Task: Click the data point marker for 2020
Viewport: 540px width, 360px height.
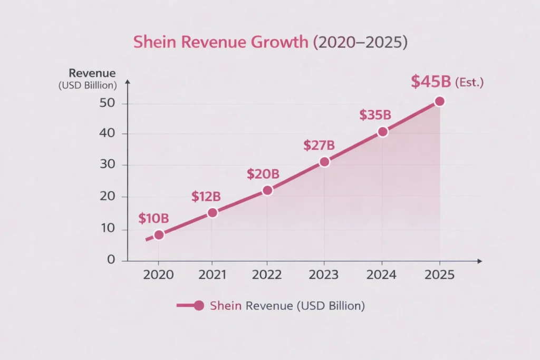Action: (x=159, y=235)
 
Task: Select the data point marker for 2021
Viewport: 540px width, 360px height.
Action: (x=212, y=212)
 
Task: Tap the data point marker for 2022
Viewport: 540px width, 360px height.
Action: (x=267, y=190)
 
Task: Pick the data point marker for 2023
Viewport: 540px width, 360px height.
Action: (x=324, y=162)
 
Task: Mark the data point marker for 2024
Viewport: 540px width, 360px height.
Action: (x=383, y=132)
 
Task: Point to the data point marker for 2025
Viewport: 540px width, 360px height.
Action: (x=439, y=101)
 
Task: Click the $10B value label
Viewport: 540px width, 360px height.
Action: (x=153, y=219)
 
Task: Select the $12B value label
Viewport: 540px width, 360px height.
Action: (x=206, y=197)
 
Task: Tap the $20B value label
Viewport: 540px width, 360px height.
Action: (x=263, y=174)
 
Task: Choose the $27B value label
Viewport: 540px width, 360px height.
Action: (x=319, y=145)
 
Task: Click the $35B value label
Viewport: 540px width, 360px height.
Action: (x=375, y=115)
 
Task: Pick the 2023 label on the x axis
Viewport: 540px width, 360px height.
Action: (x=323, y=276)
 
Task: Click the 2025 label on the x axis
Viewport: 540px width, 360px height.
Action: (x=439, y=276)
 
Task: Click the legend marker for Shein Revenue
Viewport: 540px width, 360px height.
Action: (x=198, y=305)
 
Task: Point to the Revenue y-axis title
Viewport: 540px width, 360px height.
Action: (x=92, y=73)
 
